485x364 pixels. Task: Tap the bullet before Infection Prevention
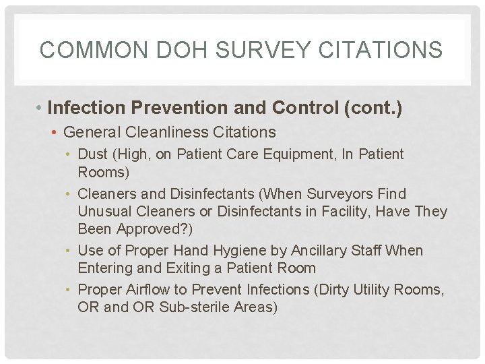pos(41,108)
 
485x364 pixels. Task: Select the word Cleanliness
pos(183,132)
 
